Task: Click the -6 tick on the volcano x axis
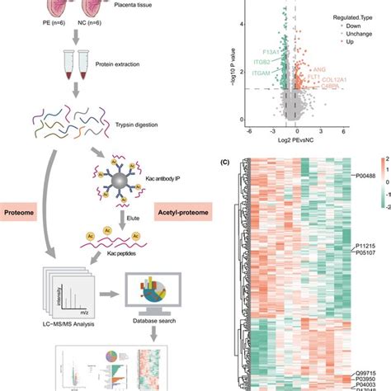[249, 131]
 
